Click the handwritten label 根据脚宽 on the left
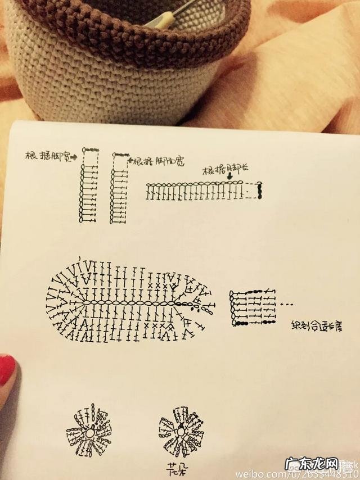click(47, 155)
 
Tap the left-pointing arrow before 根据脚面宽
click(130, 161)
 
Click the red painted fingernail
click(7, 368)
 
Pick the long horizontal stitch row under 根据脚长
click(197, 191)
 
